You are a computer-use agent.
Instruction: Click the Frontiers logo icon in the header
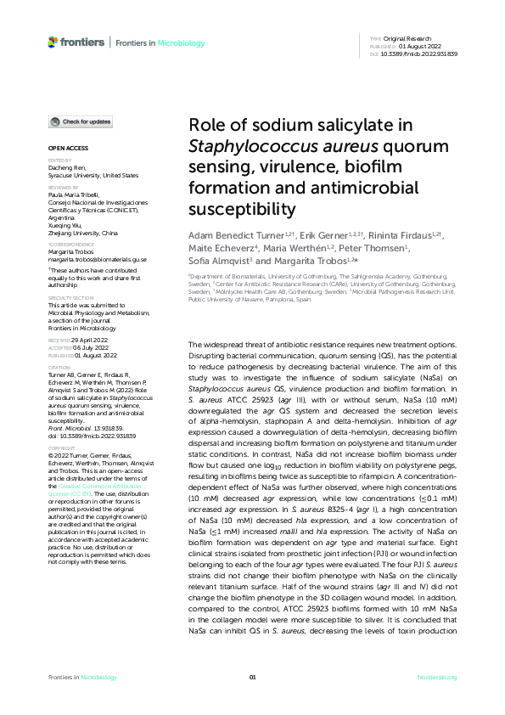click(x=53, y=41)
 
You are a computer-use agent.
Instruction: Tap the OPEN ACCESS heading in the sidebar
click(x=62, y=148)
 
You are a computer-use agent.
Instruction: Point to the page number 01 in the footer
click(x=252, y=677)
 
